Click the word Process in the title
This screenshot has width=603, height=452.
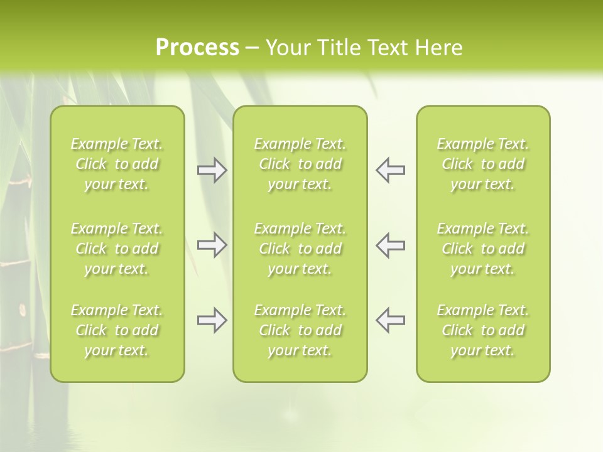(197, 48)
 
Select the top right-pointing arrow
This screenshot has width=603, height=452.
(212, 170)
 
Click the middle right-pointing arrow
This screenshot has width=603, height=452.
(212, 245)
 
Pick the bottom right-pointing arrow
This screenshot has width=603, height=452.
(212, 320)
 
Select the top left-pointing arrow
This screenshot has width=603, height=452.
(390, 170)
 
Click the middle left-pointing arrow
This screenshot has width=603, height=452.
(390, 245)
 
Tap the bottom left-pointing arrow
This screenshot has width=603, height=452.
(390, 320)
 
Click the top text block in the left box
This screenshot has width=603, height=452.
(117, 164)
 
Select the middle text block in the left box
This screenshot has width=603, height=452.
(117, 249)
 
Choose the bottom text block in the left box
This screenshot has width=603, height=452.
(117, 330)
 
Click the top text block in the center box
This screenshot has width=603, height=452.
(300, 164)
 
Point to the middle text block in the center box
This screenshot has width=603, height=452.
(300, 249)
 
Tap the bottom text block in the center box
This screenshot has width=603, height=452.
(300, 330)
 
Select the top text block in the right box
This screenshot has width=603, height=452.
(482, 164)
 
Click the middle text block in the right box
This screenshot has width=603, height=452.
(482, 249)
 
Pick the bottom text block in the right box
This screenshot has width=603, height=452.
(482, 330)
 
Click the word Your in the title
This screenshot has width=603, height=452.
(288, 48)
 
